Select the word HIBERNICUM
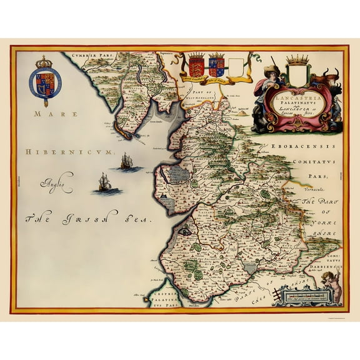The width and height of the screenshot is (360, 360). [x=59, y=152]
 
